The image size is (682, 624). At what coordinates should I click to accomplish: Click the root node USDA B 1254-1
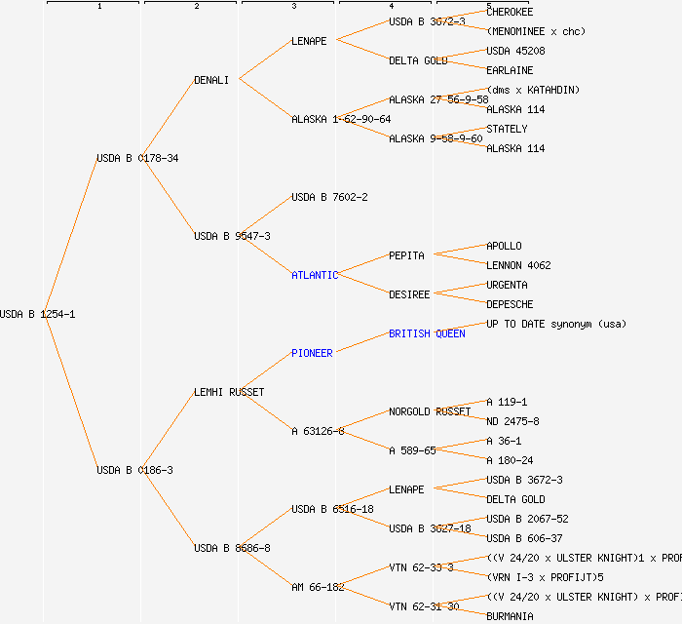coord(38,314)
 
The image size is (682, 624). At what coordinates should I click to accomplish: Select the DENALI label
coord(211,80)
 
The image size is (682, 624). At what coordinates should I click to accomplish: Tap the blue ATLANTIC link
coord(315,275)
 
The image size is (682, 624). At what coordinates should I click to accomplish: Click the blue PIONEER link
coord(312,353)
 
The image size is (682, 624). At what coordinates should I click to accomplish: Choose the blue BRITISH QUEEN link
coord(427,333)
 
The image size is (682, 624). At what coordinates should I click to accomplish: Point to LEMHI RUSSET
coord(229,392)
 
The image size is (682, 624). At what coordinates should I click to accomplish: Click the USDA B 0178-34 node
coord(137,158)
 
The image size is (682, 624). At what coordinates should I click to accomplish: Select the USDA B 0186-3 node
coord(134,470)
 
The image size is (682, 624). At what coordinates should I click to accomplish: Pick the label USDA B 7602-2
coord(329,197)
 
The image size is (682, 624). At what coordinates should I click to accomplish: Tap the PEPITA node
coord(406,255)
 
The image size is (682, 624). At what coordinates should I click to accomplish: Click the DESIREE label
coord(409,294)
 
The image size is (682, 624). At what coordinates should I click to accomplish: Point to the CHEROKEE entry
coord(510,12)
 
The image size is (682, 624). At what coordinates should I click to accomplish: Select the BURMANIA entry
coord(510,616)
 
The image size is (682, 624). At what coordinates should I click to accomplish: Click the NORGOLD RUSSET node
coord(430,411)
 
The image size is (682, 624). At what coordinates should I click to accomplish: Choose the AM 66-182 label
coord(318,587)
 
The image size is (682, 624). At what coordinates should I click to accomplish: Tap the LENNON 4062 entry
coord(518,265)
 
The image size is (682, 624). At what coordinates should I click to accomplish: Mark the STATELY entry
coord(507,129)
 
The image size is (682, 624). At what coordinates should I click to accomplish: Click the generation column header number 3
coord(293,7)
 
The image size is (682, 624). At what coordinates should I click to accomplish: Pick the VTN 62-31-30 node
coord(424,606)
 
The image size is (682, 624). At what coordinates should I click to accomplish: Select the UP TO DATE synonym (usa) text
coord(556,324)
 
